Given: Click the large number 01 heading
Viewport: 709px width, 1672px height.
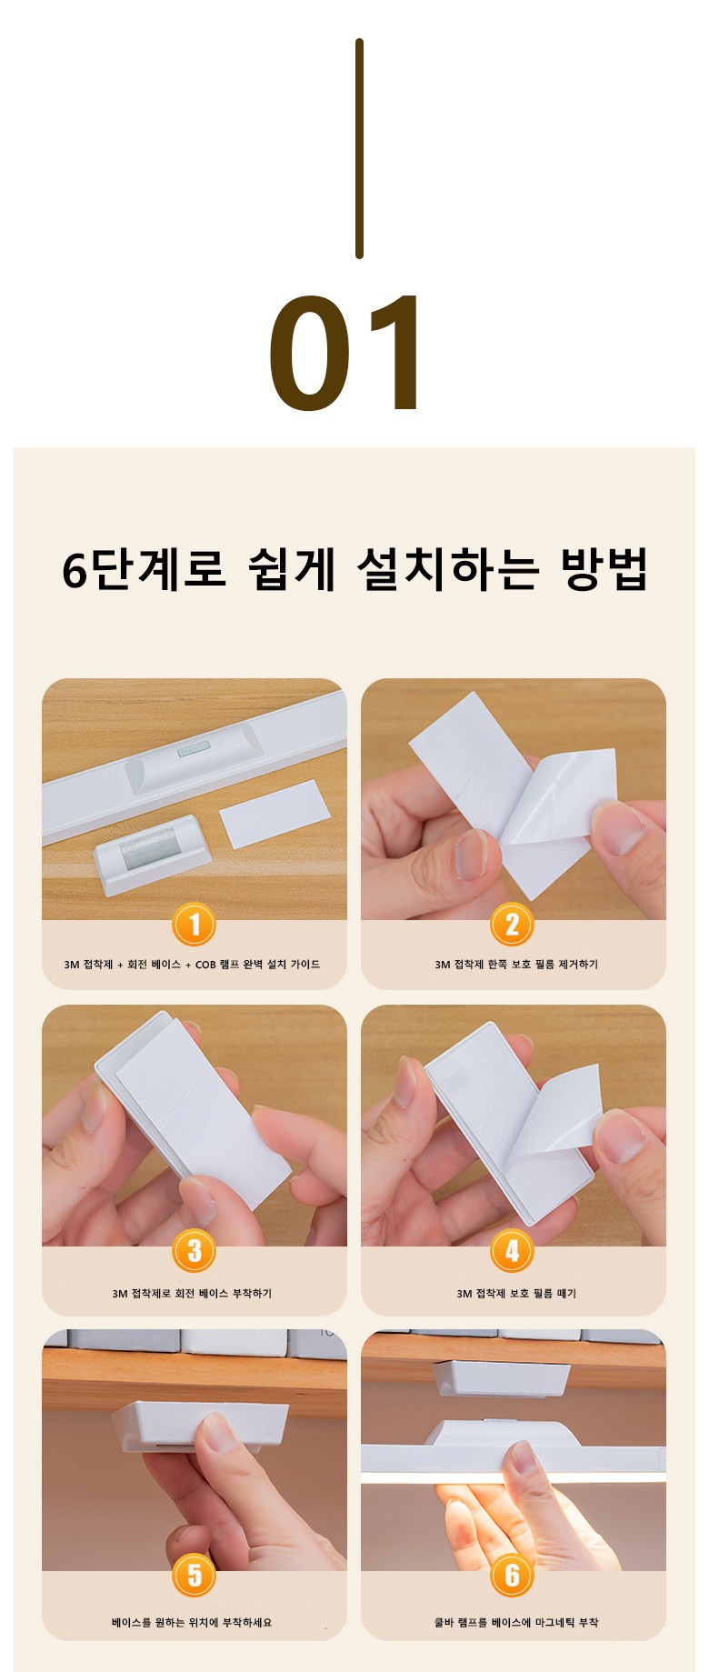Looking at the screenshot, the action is point(346,353).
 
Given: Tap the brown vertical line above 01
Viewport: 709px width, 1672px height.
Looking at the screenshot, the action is point(359,148).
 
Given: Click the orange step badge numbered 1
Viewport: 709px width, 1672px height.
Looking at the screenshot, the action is point(194,926).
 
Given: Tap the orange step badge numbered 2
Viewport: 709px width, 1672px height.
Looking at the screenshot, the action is point(512,926).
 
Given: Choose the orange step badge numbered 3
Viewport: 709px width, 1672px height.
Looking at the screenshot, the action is point(194,1252).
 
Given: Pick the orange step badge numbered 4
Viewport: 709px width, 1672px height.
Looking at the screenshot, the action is point(512,1252).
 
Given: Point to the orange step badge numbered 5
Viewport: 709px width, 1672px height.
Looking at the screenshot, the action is point(194,1577).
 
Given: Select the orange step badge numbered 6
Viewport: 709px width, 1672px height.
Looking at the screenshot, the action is point(512,1577).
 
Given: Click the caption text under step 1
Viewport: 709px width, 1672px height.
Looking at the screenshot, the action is point(192,965).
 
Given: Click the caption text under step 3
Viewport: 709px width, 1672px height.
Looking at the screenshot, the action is point(192,1294).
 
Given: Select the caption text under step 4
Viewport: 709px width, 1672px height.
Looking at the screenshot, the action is point(516,1294).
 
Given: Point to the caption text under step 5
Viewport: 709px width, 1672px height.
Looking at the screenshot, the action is point(192,1622).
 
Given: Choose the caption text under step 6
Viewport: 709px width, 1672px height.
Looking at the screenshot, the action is point(516,1622).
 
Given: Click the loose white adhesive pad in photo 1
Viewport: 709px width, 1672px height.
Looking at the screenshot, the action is point(274,814).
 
